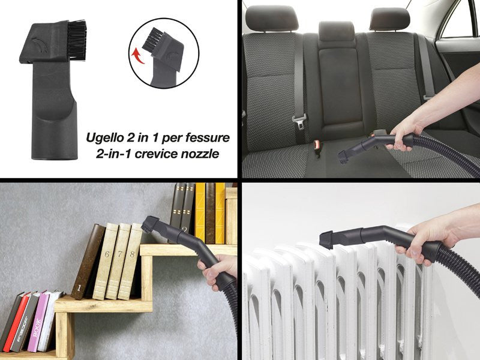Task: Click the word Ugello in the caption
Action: pyautogui.click(x=103, y=137)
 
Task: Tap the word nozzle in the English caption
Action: pyautogui.click(x=200, y=154)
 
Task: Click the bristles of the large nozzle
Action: pyautogui.click(x=77, y=40)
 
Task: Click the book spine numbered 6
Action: pyautogui.click(x=106, y=261)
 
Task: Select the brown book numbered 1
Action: pyautogui.click(x=88, y=261)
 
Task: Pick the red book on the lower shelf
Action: pyautogui.click(x=16, y=321)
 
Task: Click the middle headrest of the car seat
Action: pyautogui.click(x=337, y=32)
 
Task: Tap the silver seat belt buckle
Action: pyautogui.click(x=299, y=121)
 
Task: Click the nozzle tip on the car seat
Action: pyautogui.click(x=343, y=157)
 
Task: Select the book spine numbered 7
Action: pyautogui.click(x=118, y=261)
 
